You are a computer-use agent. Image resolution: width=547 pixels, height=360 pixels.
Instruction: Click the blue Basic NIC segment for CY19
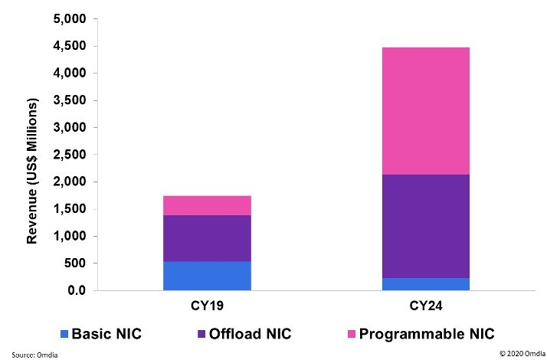pos(207,276)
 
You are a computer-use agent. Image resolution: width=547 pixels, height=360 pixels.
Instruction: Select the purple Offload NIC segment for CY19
pos(207,238)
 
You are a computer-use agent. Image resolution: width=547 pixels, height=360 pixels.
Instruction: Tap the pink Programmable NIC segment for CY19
pos(207,205)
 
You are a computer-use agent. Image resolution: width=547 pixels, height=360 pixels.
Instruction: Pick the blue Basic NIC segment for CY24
pos(426,284)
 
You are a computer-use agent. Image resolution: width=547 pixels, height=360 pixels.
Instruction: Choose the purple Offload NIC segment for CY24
pos(426,226)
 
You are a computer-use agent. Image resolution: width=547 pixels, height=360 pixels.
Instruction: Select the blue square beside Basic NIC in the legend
pos(64,334)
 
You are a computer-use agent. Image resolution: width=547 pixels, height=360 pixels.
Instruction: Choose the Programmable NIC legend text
pos(427,334)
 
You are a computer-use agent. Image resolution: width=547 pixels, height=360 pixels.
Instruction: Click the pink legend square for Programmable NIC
pos(352,334)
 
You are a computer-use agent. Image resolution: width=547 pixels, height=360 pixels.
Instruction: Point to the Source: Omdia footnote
pos(34,355)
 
